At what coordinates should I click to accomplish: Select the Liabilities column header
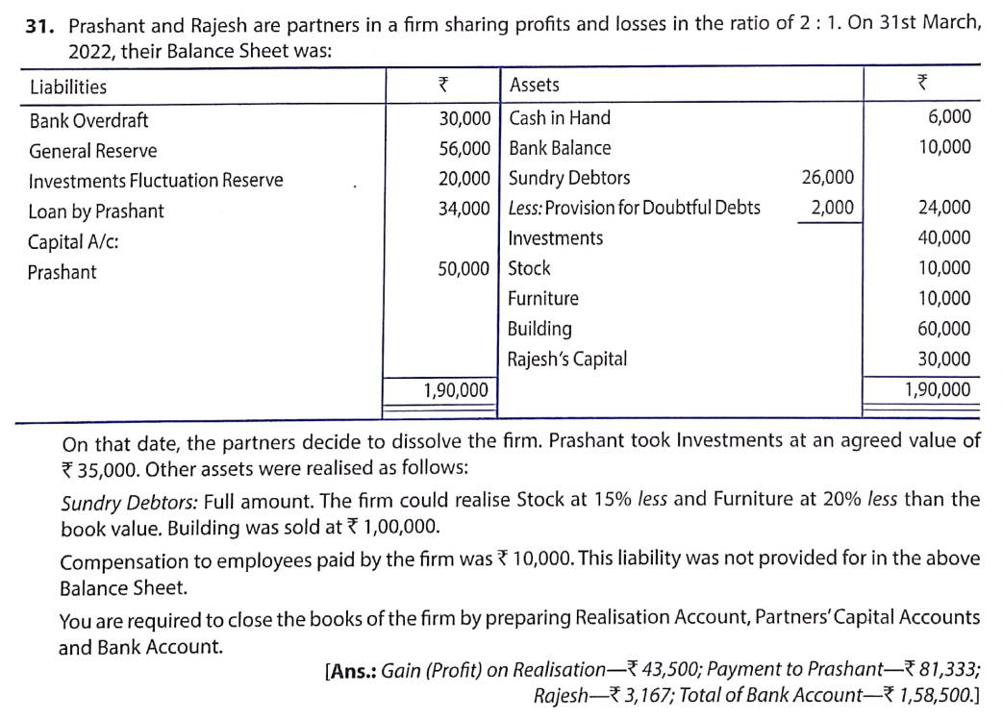68,87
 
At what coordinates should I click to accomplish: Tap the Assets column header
534,85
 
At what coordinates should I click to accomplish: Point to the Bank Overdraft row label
88,121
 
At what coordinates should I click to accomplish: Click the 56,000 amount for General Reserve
464,148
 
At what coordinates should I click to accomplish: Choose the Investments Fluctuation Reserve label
156,181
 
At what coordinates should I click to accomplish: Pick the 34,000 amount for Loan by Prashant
464,208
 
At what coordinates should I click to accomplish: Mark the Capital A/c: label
73,241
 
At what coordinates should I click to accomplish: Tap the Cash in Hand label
559,118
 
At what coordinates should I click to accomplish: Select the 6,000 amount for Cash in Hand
949,117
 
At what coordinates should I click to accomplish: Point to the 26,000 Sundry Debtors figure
827,178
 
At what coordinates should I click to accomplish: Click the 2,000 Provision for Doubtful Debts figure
832,208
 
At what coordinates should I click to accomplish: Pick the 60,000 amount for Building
944,329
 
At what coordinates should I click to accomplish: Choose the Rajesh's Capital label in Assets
567,360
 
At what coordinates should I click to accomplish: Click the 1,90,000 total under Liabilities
456,389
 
